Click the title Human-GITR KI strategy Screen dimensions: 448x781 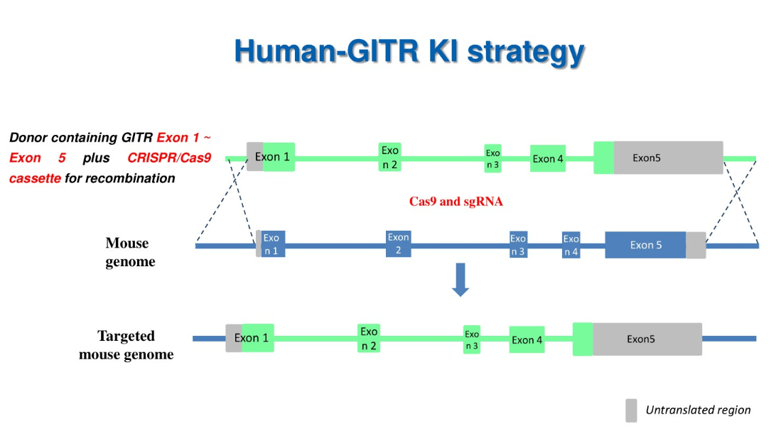coord(409,52)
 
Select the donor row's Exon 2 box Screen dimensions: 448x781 coord(390,158)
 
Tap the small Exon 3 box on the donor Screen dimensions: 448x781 coord(493,159)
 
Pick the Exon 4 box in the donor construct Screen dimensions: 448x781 coord(548,158)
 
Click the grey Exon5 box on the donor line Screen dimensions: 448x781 coord(668,158)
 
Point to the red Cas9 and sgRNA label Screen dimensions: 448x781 coord(456,202)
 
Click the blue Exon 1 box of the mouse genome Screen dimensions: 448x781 coord(273,244)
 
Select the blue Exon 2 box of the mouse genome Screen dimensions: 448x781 coord(399,244)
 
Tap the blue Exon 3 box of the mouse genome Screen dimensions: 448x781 coord(518,245)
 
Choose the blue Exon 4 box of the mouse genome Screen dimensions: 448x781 coord(571,245)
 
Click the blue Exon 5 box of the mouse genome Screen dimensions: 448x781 coord(645,245)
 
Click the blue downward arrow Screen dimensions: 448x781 coord(461,279)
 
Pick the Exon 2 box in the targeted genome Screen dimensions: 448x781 coord(369,339)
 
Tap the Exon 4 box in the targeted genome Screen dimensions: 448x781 coord(527,340)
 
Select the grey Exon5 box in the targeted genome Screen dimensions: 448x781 coord(647,339)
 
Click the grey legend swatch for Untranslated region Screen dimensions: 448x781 coord(631,410)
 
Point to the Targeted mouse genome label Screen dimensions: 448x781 coord(126,345)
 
